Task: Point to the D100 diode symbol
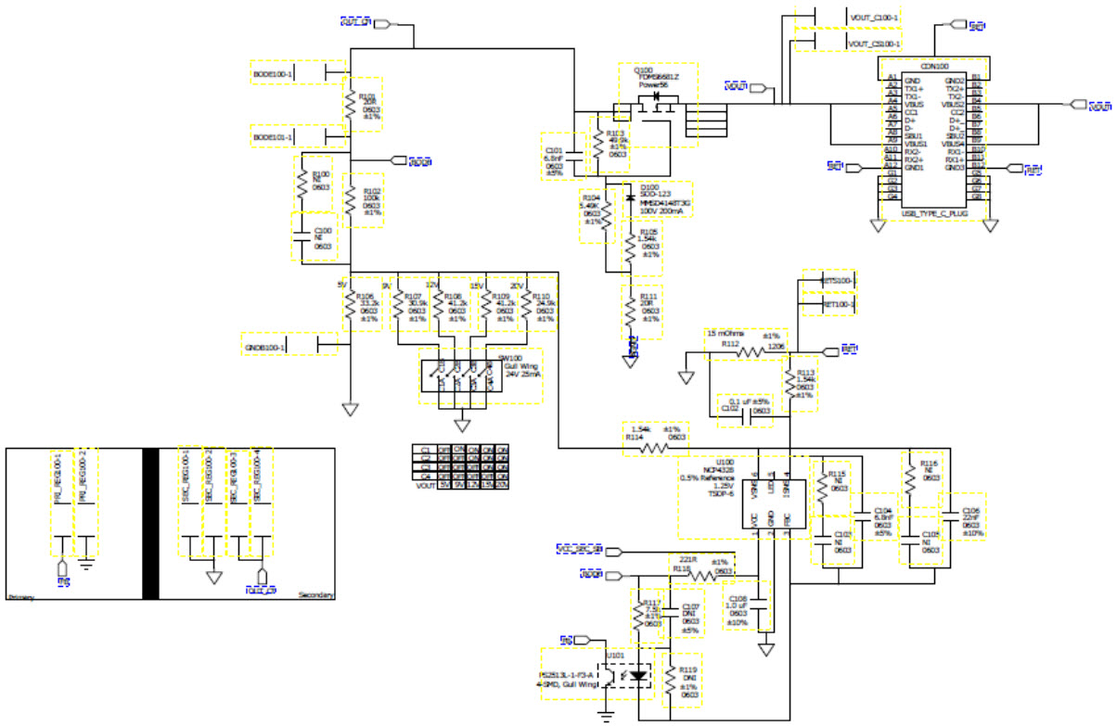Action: pyautogui.click(x=631, y=197)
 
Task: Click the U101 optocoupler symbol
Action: pyautogui.click(x=625, y=677)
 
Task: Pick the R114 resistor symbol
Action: pyautogui.click(x=655, y=447)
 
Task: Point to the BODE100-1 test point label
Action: pyautogui.click(x=274, y=73)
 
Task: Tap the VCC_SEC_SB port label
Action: pyautogui.click(x=579, y=549)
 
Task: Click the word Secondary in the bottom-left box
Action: pyautogui.click(x=315, y=595)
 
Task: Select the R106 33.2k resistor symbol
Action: pyautogui.click(x=350, y=306)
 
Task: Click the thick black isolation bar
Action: pyautogui.click(x=149, y=524)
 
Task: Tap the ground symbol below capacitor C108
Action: pyautogui.click(x=766, y=650)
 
